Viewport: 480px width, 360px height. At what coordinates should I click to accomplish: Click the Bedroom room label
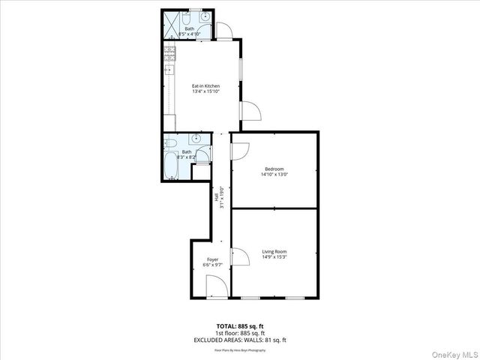point(274,169)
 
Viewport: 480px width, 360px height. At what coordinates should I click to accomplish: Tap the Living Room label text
point(274,251)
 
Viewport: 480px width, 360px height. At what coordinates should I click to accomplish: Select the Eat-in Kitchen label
point(205,86)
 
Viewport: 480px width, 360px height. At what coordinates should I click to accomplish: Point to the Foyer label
point(212,259)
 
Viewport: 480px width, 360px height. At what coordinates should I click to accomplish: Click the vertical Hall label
point(216,198)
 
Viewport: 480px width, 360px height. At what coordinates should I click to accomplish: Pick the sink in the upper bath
point(205,17)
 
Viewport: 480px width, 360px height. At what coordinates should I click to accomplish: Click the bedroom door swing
point(239,151)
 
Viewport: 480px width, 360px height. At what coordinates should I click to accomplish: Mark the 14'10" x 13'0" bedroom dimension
point(274,174)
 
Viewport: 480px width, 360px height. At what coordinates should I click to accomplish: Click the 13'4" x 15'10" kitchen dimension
point(205,91)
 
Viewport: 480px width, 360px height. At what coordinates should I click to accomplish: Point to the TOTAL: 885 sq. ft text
point(240,326)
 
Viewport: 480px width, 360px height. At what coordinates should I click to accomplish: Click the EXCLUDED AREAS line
point(240,340)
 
